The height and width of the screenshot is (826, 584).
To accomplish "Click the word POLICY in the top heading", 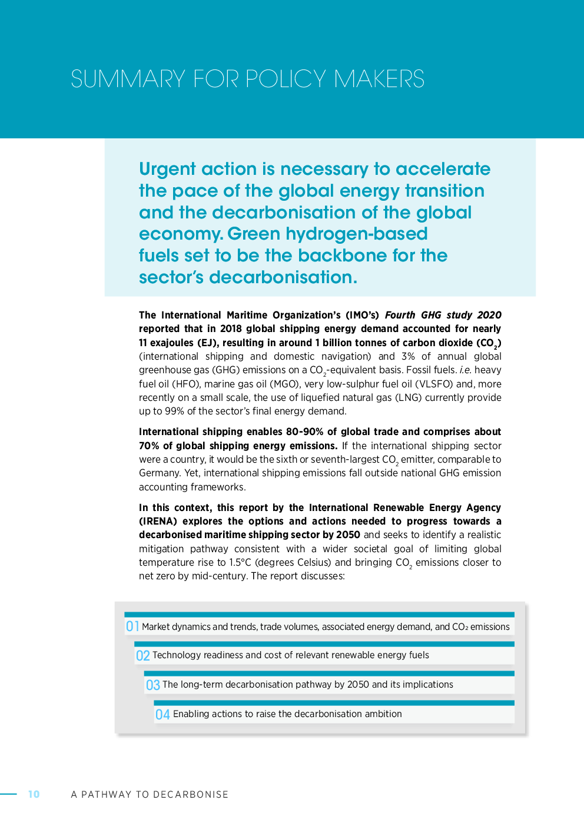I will (x=286, y=79).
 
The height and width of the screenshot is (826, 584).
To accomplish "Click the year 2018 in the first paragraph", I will (x=231, y=329).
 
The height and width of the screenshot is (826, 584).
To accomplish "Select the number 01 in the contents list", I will (x=132, y=626).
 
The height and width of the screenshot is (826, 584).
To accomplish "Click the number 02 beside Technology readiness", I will (x=142, y=655).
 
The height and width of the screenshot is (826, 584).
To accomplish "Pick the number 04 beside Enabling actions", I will (x=162, y=714).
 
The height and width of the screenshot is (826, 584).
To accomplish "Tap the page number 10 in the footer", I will (x=34, y=794).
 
